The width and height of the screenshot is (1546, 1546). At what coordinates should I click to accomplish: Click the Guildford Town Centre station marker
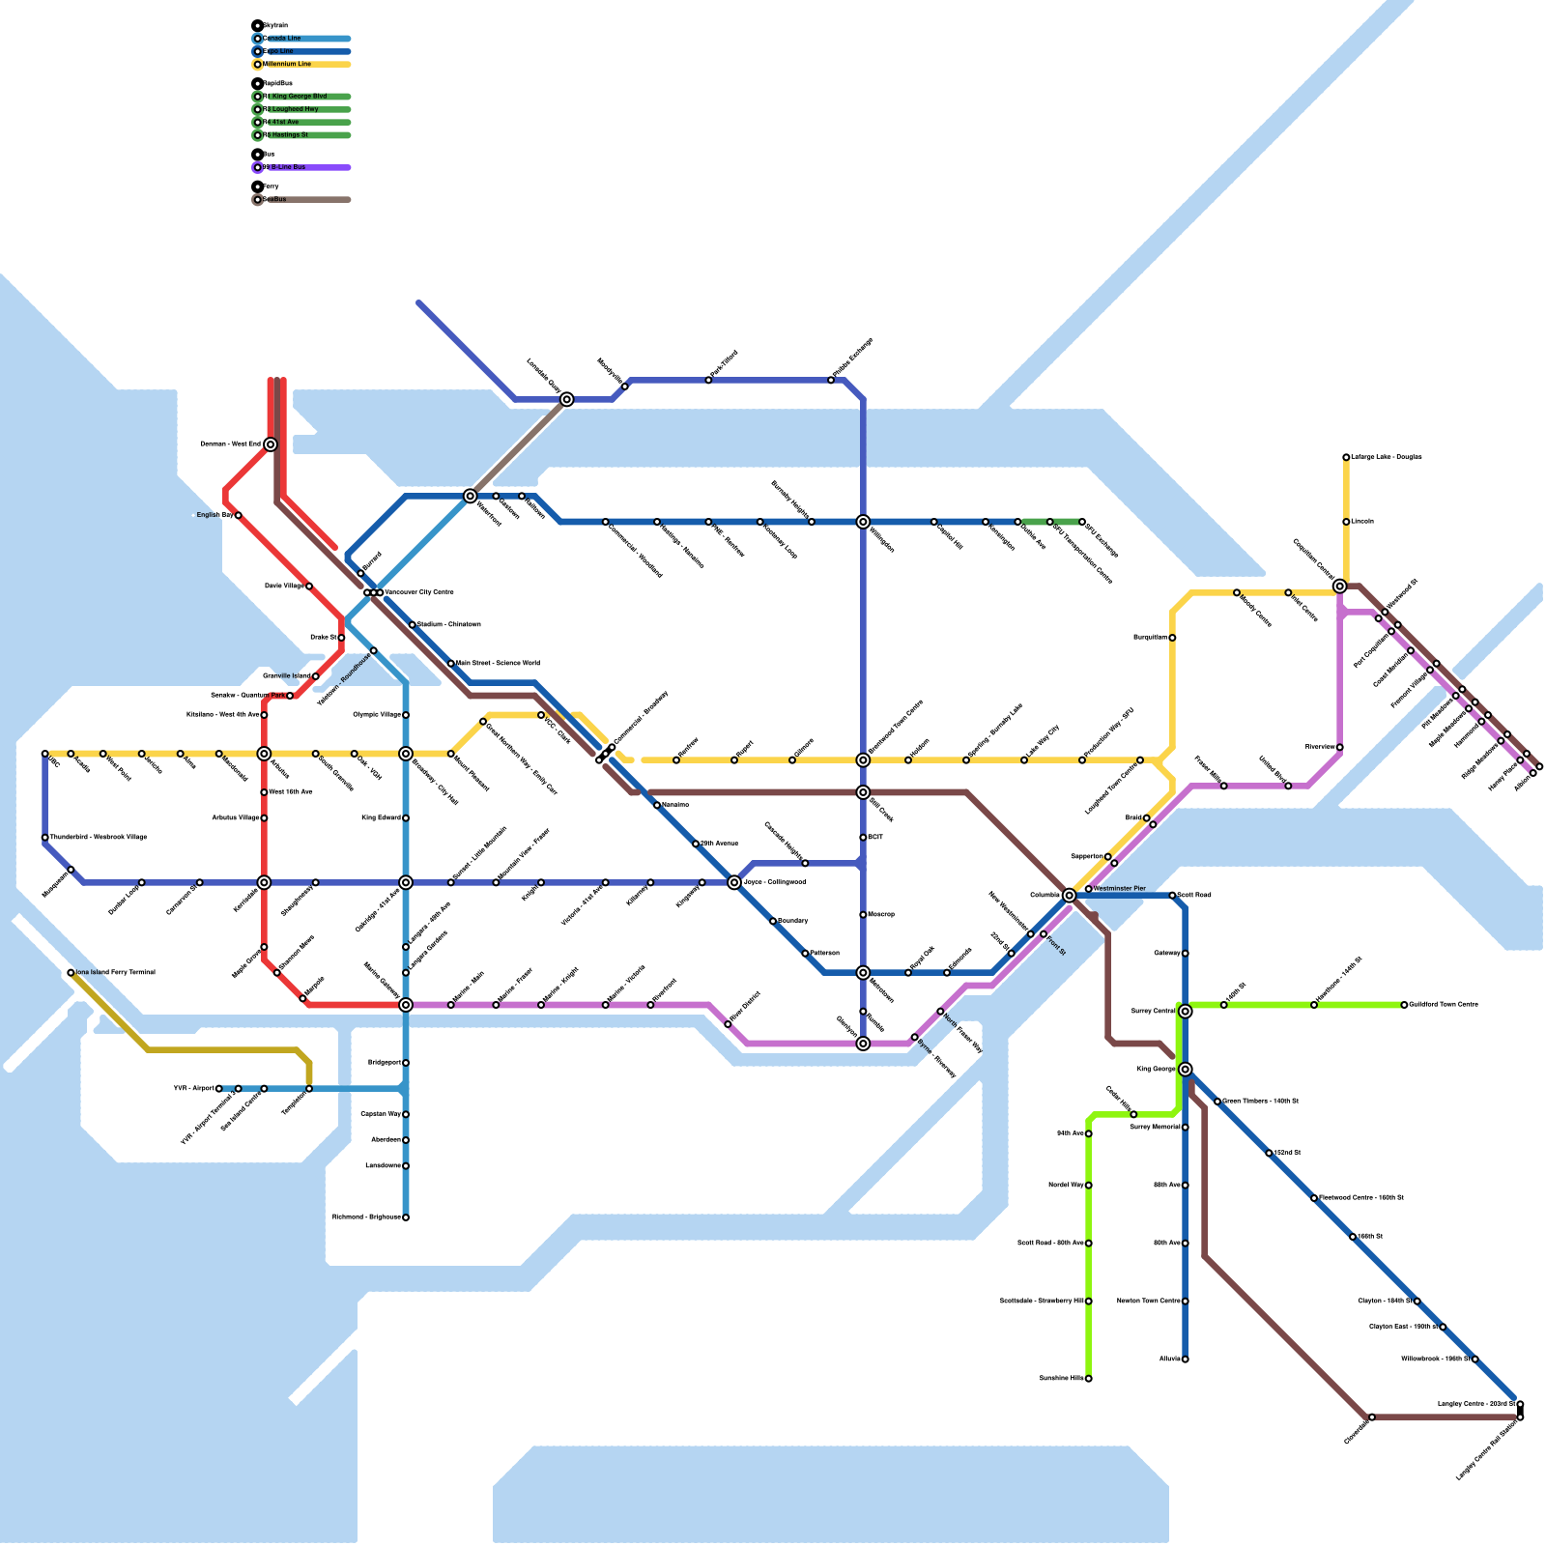1404,1005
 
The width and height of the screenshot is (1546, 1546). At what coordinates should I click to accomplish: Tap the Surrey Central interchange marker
1185,1011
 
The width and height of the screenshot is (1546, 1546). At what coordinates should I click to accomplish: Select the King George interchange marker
1185,1069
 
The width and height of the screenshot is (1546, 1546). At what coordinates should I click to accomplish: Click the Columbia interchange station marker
1069,896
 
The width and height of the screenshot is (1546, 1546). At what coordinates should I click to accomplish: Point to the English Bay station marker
238,515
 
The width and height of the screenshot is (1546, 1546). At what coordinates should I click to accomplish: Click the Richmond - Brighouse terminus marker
406,1217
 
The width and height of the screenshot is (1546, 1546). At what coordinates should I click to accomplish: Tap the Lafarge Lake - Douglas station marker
1346,457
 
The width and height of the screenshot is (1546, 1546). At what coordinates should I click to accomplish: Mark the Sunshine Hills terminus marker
1088,1379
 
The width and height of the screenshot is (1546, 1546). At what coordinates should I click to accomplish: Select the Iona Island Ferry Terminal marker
71,973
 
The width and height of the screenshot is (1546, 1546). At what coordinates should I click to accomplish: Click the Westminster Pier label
1120,888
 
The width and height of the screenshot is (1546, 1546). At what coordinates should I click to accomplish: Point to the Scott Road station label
1194,895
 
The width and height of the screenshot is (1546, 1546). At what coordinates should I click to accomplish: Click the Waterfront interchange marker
470,496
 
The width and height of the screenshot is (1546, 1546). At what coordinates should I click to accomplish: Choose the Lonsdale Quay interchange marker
567,399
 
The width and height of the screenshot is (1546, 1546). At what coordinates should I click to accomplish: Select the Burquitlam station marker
1172,638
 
